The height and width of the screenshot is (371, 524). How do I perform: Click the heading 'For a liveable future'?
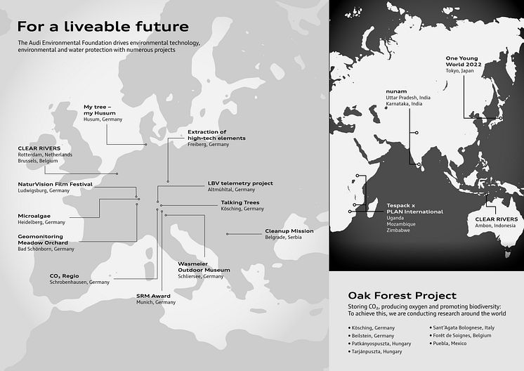click(x=103, y=27)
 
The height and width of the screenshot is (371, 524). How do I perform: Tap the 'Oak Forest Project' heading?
click(x=402, y=295)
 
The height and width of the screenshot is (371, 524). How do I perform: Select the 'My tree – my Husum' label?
click(x=100, y=110)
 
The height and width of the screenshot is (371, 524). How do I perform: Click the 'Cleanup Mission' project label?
click(x=289, y=231)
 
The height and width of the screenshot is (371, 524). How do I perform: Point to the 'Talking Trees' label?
click(x=240, y=202)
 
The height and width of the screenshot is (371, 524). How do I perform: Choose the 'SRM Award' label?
click(x=153, y=296)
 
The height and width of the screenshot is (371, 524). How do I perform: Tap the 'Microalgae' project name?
click(x=34, y=216)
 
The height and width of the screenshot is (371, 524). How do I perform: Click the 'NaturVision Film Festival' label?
click(x=55, y=184)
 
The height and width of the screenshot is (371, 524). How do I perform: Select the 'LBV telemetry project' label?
click(x=240, y=183)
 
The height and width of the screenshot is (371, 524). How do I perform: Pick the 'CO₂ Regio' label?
click(x=64, y=276)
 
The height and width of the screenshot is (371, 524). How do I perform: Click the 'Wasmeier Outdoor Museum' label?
click(x=204, y=267)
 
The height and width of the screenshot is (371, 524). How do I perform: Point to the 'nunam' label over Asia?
click(x=396, y=91)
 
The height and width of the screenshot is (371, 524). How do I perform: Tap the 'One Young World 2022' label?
click(x=464, y=61)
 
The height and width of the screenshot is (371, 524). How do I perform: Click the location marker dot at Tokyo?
click(x=501, y=118)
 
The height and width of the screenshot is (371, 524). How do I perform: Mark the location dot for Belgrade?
click(x=228, y=234)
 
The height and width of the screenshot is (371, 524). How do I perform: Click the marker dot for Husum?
click(x=145, y=144)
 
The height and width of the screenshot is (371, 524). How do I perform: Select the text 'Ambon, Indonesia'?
click(x=495, y=226)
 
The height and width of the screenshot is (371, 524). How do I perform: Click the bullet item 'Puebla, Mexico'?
click(x=448, y=344)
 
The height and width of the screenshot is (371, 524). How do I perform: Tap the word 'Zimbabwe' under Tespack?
click(x=398, y=230)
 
